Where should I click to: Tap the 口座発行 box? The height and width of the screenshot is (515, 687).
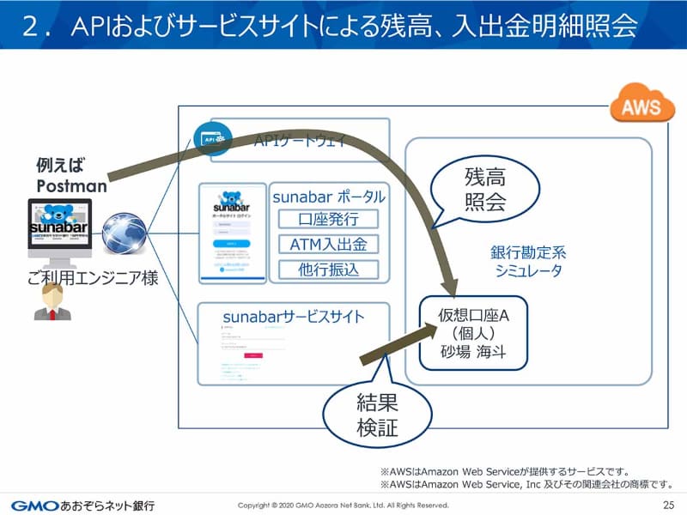click(328, 220)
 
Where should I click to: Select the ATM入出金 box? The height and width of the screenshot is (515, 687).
click(328, 245)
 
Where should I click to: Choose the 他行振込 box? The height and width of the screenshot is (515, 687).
click(328, 270)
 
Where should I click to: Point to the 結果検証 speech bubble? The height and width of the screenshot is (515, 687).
click(377, 415)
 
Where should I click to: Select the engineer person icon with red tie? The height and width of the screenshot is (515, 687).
click(52, 302)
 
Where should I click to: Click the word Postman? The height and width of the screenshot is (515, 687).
click(71, 185)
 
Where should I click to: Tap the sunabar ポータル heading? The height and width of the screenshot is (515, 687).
click(329, 197)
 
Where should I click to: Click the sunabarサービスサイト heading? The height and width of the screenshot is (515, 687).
click(294, 317)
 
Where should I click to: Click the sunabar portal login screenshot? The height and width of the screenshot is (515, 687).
click(232, 232)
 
